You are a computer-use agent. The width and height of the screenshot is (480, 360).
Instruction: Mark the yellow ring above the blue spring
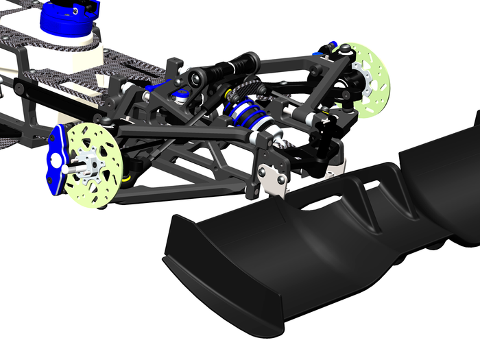pyautogui.click(x=227, y=91)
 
